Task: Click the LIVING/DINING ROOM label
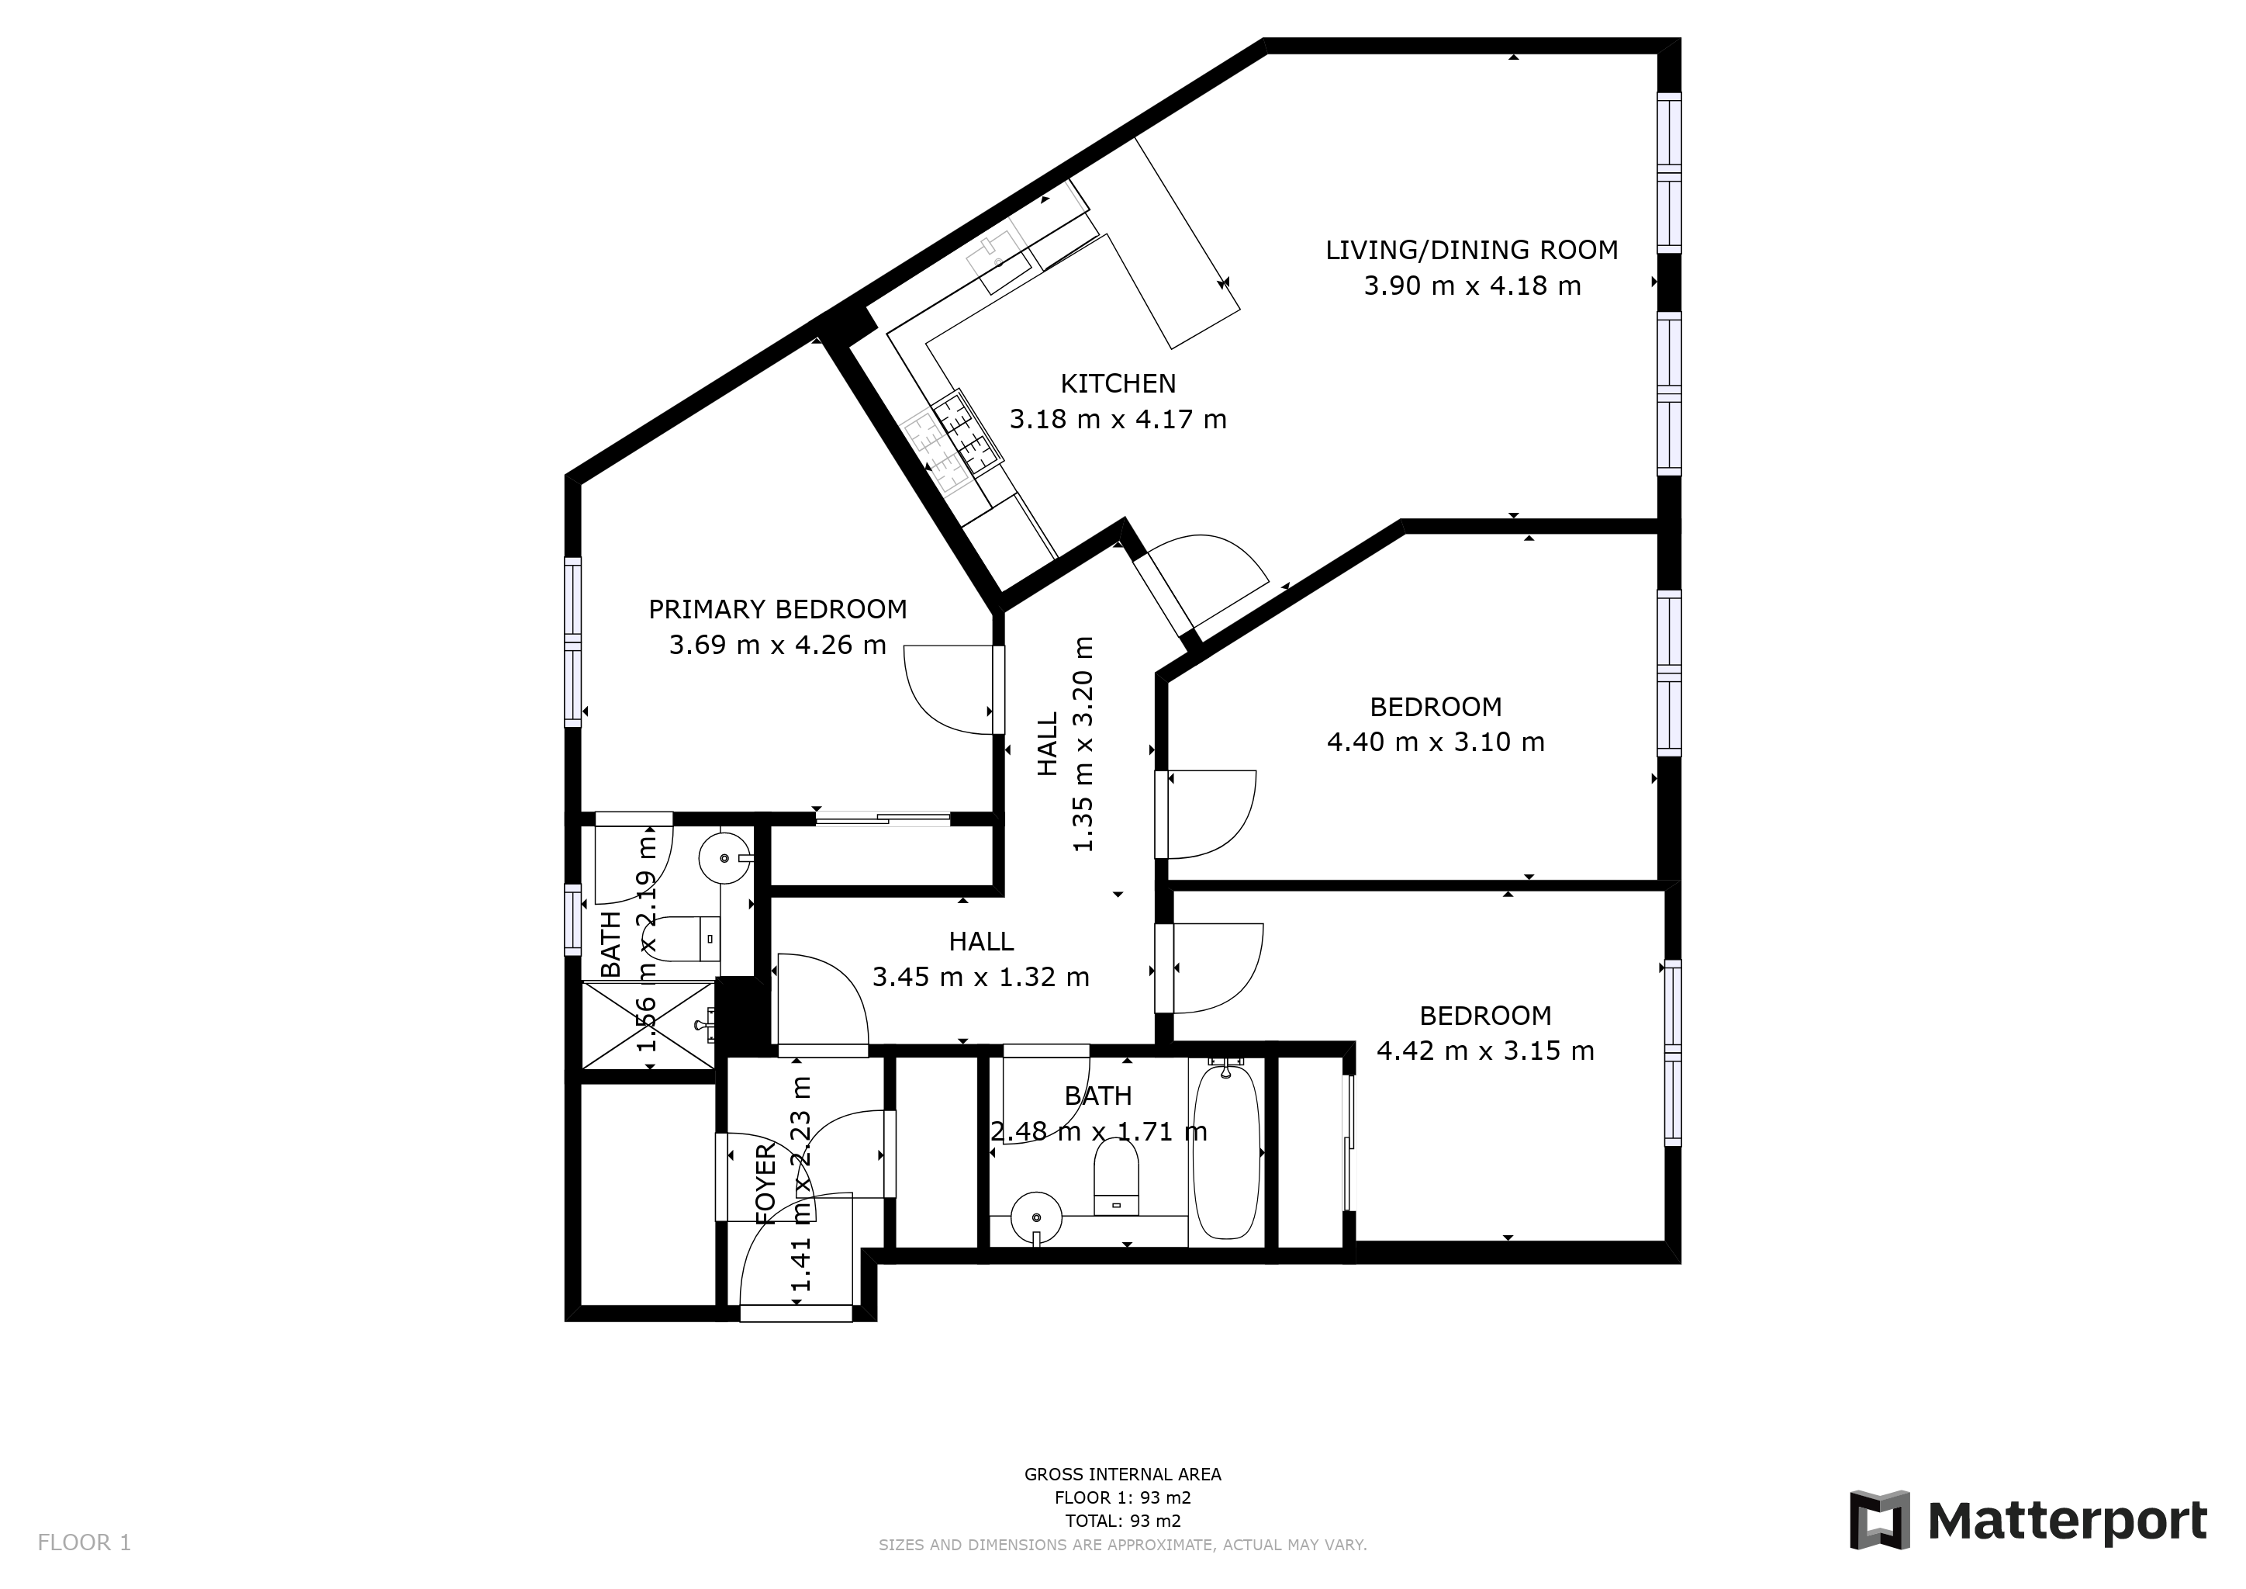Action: [x=1471, y=251]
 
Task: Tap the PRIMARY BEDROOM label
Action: [x=778, y=610]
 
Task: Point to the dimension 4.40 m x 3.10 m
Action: [x=1435, y=742]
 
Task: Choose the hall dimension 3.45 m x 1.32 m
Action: [x=980, y=978]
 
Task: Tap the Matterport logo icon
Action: [x=1879, y=1519]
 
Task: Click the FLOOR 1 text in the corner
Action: [x=84, y=1543]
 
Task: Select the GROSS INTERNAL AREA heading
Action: [x=1122, y=1474]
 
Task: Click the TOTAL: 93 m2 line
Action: [x=1122, y=1521]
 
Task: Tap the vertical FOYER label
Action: [x=766, y=1182]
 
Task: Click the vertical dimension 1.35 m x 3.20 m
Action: [x=1083, y=743]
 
